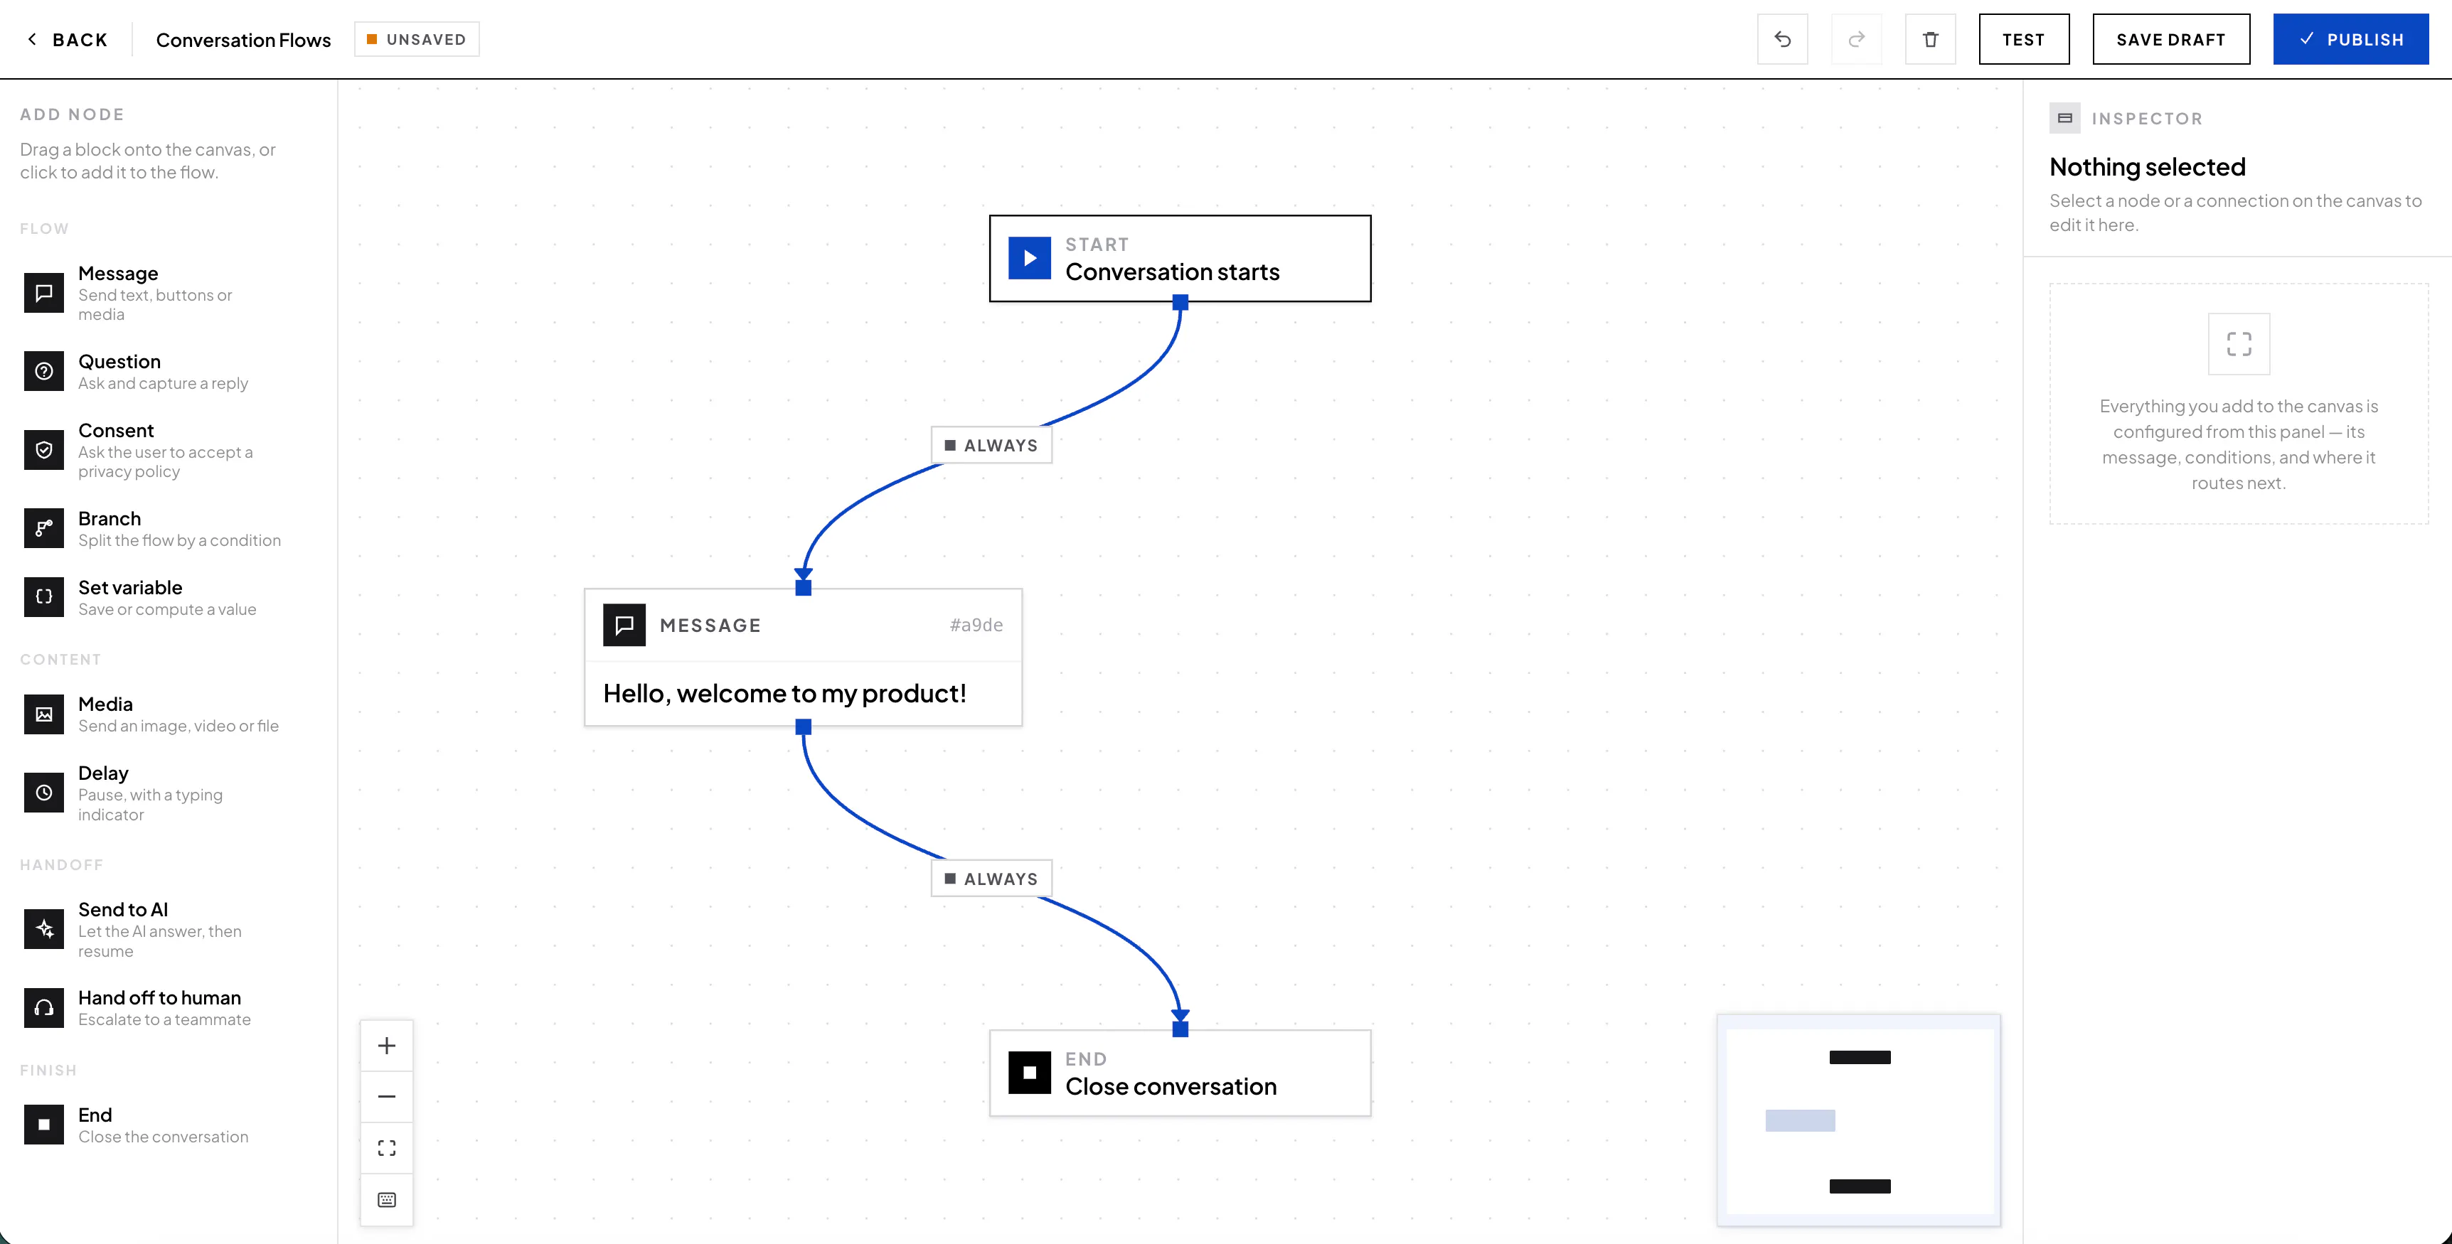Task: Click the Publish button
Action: (2350, 39)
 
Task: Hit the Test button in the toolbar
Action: (2024, 39)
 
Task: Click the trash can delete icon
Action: (1930, 39)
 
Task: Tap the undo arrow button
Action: (1783, 39)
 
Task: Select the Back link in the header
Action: (67, 39)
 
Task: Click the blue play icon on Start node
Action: (1029, 258)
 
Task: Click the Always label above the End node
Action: (991, 879)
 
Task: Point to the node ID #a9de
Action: (976, 624)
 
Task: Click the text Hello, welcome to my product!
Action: (784, 693)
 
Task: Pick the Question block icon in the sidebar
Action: (44, 371)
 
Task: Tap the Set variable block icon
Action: (44, 597)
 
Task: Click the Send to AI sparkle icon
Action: (44, 929)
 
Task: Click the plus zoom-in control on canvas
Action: (386, 1046)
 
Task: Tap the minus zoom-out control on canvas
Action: (386, 1096)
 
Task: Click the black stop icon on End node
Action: (1029, 1073)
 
